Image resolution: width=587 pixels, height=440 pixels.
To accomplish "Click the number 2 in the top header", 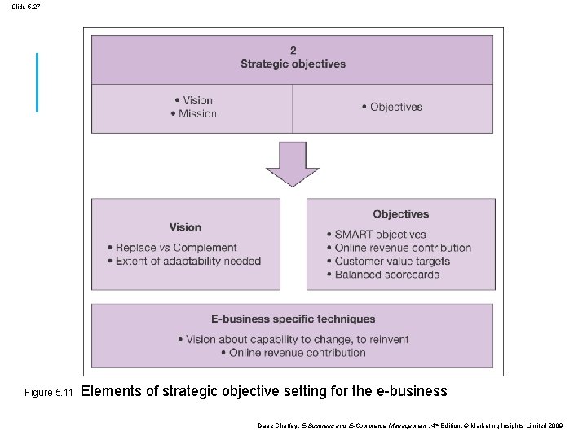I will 293,51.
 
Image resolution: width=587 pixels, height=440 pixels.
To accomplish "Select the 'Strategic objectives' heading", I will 293,64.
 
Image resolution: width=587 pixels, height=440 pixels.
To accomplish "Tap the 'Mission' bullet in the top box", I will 196,114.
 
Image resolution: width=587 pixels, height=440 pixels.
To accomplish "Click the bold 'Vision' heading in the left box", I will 185,227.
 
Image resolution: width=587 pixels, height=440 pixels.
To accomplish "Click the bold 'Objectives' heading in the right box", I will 400,214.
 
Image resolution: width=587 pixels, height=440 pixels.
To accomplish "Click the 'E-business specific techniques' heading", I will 293,319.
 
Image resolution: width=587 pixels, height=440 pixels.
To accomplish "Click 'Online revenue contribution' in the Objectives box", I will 403,248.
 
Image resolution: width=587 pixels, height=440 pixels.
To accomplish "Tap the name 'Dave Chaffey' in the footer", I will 278,425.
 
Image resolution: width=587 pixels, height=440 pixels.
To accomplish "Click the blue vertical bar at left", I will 37,82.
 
